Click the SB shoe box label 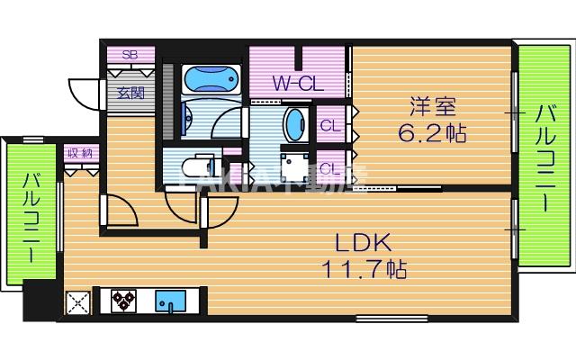pos(129,55)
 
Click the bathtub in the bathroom pos(213,80)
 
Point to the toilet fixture pos(192,167)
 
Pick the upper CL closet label pos(329,125)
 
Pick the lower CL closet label pos(329,167)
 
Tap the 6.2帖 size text pos(432,135)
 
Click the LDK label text pos(362,242)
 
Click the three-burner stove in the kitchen pos(123,301)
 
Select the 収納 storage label pos(78,153)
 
